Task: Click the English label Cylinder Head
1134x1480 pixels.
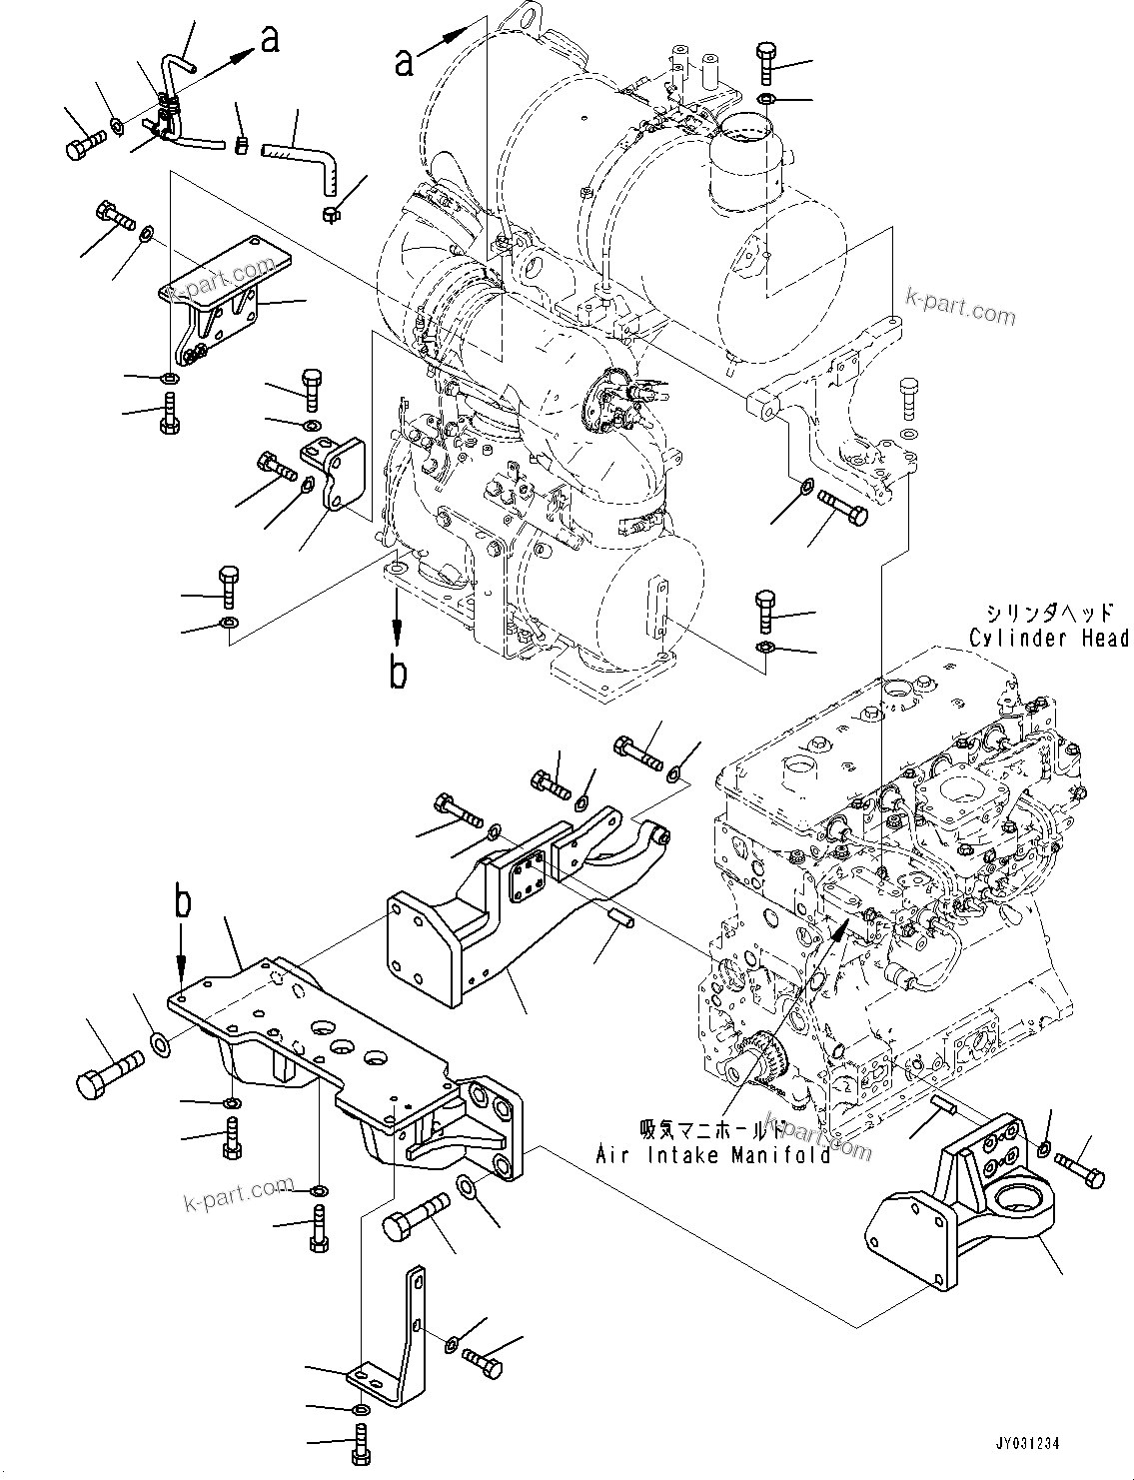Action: [x=1048, y=638]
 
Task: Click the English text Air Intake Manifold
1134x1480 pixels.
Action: [x=713, y=1155]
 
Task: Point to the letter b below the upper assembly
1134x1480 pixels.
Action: [x=398, y=674]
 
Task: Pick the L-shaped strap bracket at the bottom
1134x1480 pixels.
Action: [x=405, y=1339]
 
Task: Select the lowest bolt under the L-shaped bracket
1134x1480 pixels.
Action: [x=360, y=1441]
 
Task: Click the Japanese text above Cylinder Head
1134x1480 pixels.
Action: [x=1042, y=614]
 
